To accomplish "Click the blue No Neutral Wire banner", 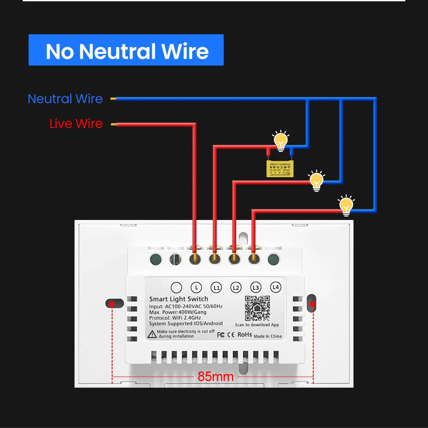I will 126,50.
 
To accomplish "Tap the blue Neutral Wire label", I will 65,99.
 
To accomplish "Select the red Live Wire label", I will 76,124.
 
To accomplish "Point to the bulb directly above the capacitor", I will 281,141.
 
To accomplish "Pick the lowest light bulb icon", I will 346,205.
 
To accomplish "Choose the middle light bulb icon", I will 317,181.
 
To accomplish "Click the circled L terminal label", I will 196,288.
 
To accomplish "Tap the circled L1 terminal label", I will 216,288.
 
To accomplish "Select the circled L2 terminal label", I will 236,288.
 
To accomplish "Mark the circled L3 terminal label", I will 256,288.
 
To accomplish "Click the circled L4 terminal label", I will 276,288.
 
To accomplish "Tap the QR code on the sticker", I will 257,308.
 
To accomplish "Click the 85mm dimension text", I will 215,377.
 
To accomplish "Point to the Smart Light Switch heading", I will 178,299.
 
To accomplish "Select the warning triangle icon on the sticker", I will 152,334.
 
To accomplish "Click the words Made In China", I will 267,336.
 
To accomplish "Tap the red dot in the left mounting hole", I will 112,304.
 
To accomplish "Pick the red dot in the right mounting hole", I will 313,304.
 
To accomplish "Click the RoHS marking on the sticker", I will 244,334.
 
